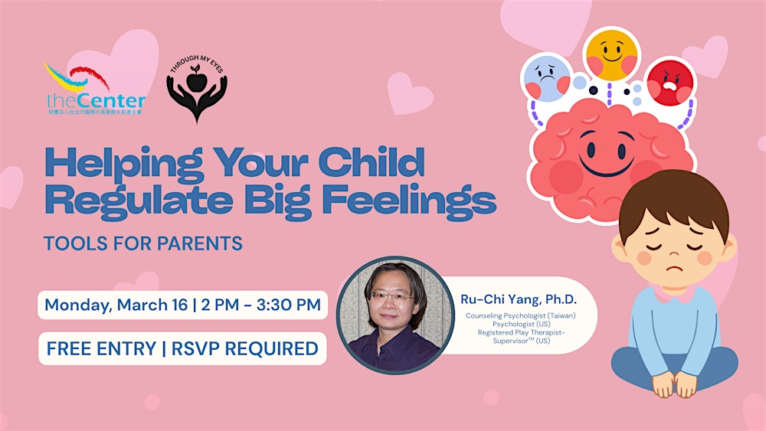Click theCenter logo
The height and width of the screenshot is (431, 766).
pyautogui.click(x=95, y=89)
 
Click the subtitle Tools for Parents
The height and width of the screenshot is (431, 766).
pyautogui.click(x=143, y=243)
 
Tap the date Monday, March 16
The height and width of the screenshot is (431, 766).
pyautogui.click(x=116, y=304)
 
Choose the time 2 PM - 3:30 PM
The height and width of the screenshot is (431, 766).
pyautogui.click(x=261, y=304)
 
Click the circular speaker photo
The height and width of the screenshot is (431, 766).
pyautogui.click(x=394, y=315)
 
